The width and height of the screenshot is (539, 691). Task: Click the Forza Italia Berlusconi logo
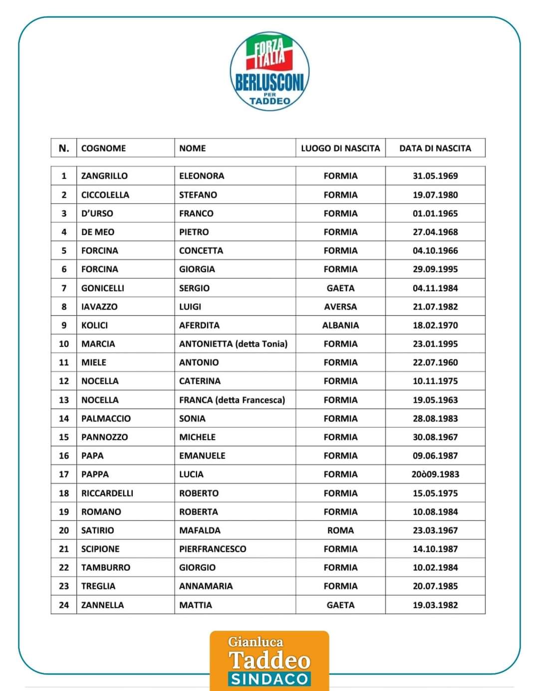[x=269, y=71]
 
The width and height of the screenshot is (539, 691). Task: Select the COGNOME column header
[x=103, y=148]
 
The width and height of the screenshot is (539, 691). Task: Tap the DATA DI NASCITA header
[x=435, y=148]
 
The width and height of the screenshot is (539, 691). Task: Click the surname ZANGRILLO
[x=104, y=176]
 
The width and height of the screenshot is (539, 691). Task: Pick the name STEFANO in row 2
[x=198, y=195]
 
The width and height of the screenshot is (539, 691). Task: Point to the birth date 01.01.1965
[x=435, y=213]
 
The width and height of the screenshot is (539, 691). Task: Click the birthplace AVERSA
[x=340, y=307]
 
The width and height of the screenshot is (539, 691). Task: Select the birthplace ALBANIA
[x=340, y=325]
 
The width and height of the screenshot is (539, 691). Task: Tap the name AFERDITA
[x=199, y=325]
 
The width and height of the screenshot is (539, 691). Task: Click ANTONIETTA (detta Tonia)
[x=233, y=344]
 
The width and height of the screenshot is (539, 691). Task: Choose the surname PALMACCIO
[x=106, y=418]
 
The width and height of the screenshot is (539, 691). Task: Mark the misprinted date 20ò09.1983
[x=435, y=474]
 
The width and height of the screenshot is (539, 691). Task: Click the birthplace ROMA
[x=340, y=530]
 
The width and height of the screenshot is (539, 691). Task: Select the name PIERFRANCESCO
[x=213, y=549]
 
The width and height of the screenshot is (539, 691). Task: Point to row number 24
[x=64, y=605]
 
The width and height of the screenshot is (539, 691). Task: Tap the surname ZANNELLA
[x=102, y=605]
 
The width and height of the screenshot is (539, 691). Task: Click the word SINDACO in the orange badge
[x=269, y=679]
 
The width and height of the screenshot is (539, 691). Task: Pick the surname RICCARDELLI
[x=107, y=493]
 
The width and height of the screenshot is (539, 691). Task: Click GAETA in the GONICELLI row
[x=340, y=288]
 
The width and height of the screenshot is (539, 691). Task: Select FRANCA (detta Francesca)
[x=232, y=400]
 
